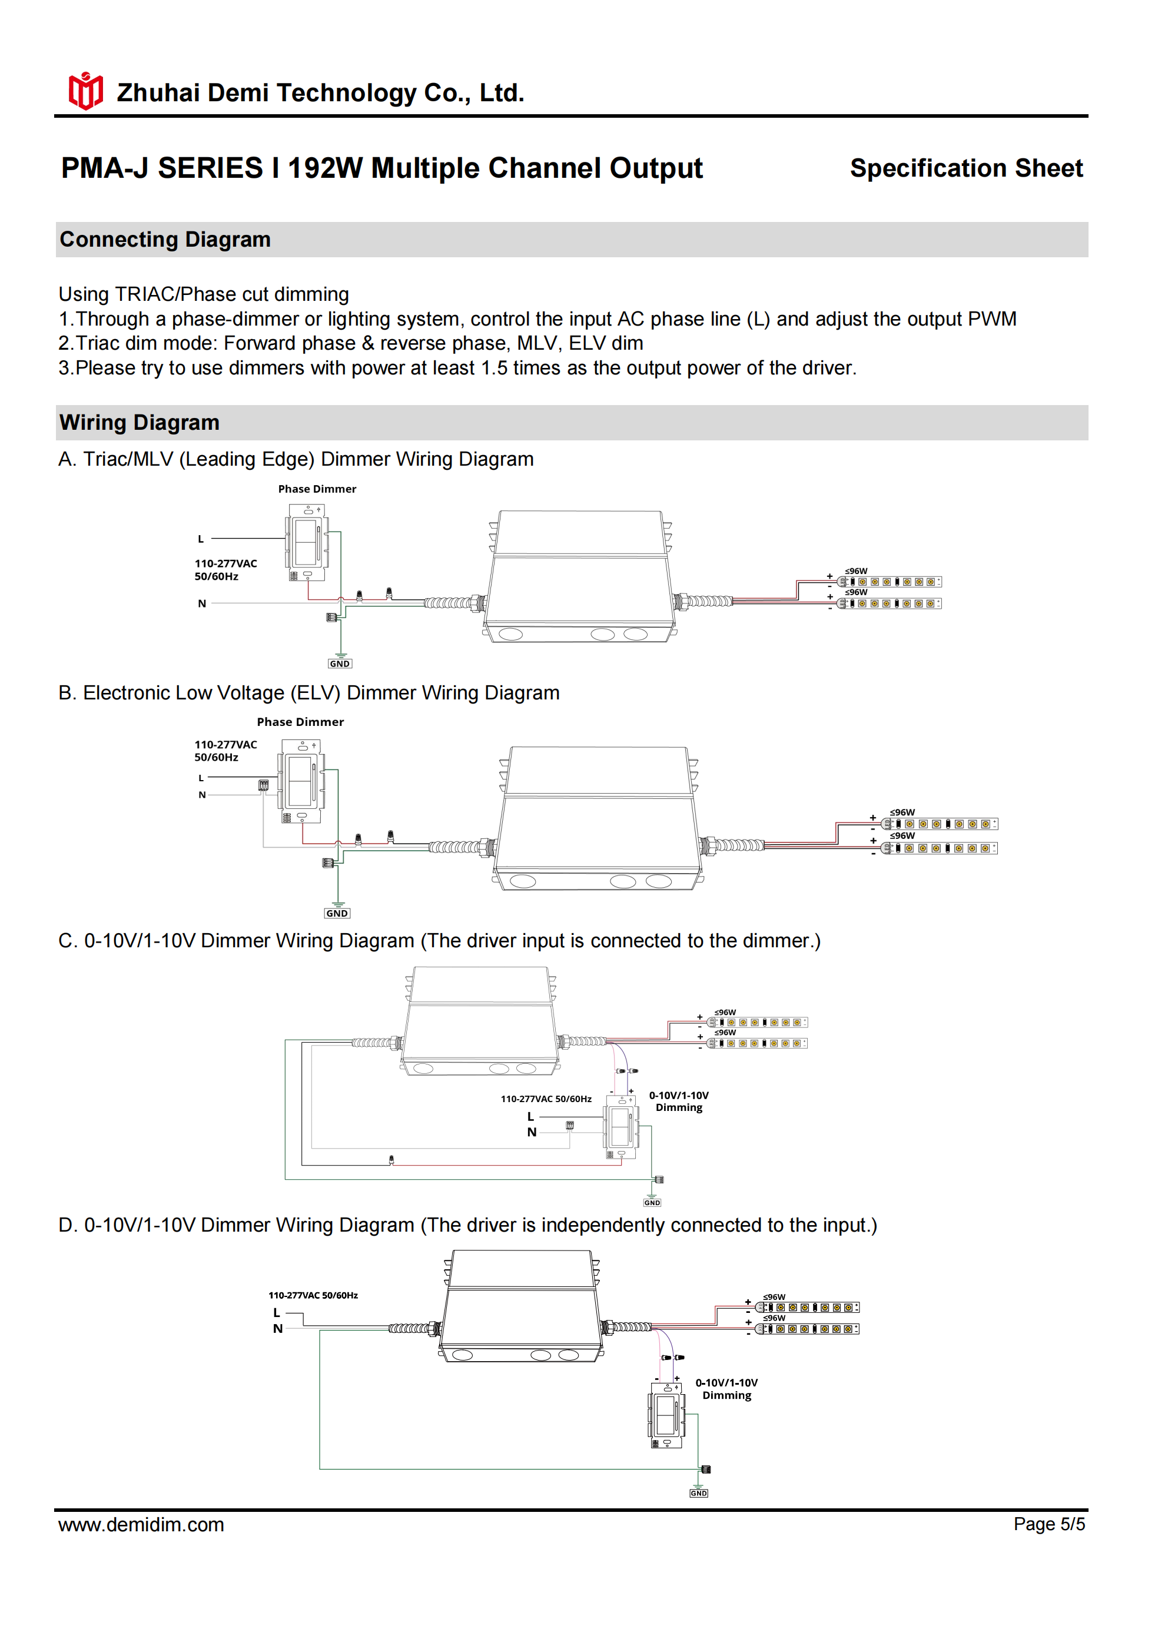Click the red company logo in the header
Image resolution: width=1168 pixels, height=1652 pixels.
point(85,91)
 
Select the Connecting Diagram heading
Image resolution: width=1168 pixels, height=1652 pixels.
point(165,240)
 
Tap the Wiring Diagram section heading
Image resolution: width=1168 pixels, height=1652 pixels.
point(139,422)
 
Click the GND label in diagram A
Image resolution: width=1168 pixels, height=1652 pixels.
point(340,664)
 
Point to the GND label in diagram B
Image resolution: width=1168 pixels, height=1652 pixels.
point(337,913)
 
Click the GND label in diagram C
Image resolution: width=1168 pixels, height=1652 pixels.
point(652,1202)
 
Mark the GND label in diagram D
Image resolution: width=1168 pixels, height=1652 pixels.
point(698,1493)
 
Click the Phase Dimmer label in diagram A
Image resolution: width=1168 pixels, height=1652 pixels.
point(317,489)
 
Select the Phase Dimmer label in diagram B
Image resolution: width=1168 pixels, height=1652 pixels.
point(300,722)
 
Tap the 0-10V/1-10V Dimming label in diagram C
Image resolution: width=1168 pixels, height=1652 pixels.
point(679,1101)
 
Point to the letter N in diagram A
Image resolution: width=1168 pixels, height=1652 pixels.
point(203,603)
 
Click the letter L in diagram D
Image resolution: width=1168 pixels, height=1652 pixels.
point(276,1312)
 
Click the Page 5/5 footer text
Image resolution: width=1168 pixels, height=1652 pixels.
point(1048,1524)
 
